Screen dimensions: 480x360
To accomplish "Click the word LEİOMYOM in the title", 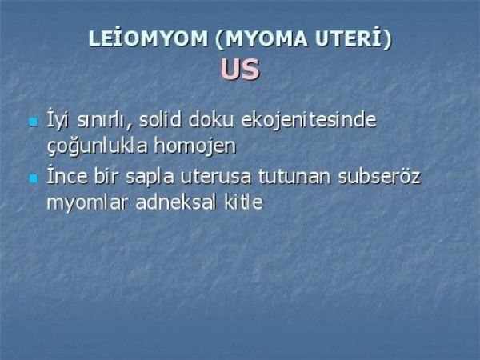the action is click(148, 38).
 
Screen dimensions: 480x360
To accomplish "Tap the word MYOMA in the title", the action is click(262, 39).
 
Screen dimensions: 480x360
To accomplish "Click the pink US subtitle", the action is click(240, 69).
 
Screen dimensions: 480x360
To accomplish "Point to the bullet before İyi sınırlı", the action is click(34, 122).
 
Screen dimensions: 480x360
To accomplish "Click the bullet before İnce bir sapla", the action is click(34, 178).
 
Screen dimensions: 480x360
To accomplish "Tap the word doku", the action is click(211, 119).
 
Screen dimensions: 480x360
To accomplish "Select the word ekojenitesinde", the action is click(309, 120).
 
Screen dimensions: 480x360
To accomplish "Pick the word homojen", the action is click(195, 147).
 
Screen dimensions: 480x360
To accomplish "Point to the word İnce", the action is click(67, 176).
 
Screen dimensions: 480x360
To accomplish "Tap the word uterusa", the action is click(216, 177).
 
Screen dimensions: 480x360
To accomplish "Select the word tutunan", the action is click(294, 176).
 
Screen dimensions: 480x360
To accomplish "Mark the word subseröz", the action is click(379, 176).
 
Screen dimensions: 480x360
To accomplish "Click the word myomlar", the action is click(87, 202).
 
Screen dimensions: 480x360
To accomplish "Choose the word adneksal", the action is click(176, 202).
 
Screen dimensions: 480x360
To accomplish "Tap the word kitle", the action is click(244, 202).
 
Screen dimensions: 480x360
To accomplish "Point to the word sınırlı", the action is click(104, 121).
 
